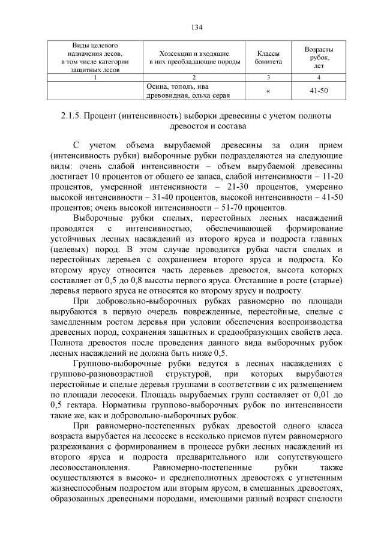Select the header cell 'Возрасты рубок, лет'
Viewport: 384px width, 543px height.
319,58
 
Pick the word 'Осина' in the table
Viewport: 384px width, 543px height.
157,86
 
